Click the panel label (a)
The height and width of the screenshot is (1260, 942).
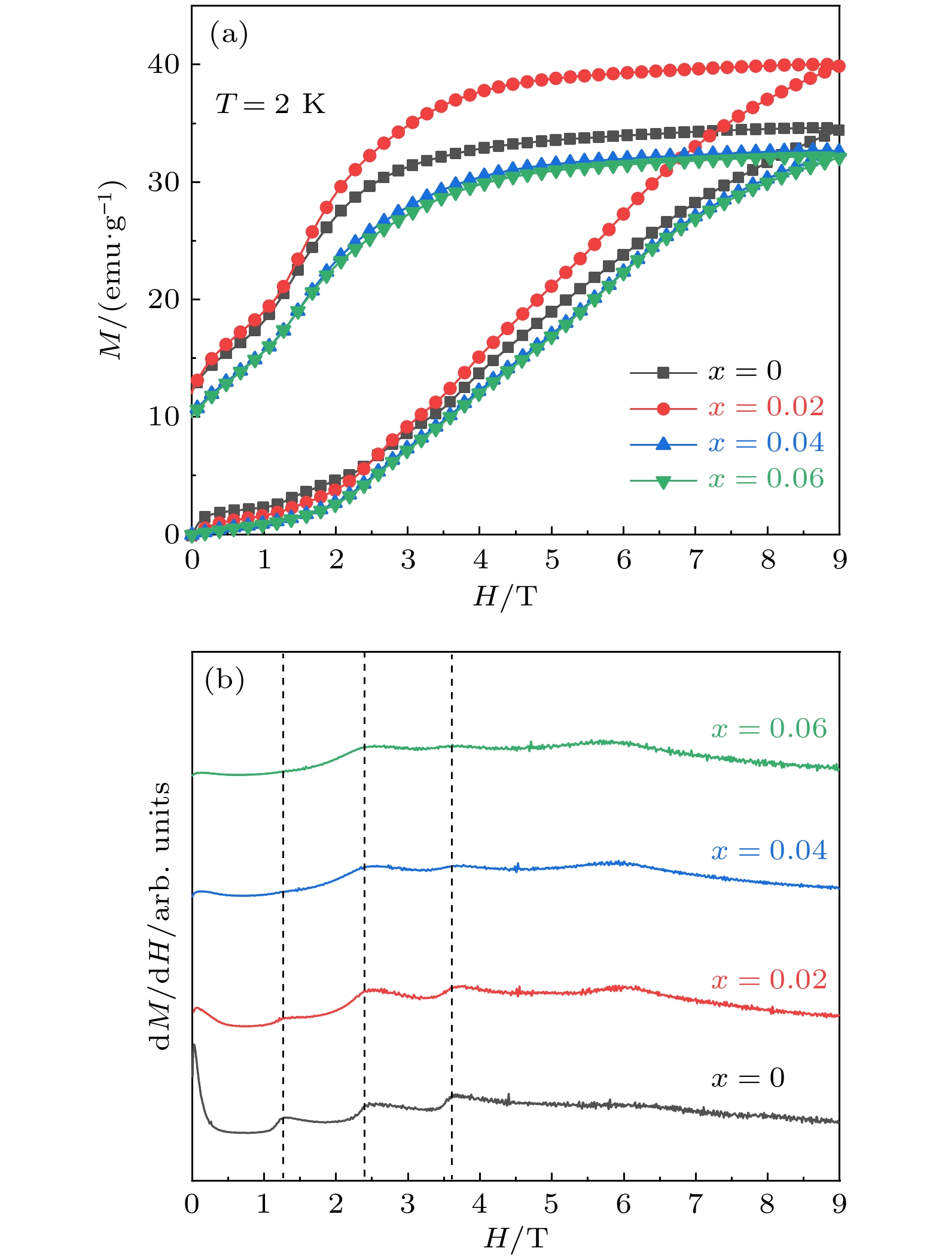(228, 35)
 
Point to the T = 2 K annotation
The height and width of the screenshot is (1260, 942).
(270, 104)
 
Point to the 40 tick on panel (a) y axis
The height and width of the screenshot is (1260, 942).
(163, 65)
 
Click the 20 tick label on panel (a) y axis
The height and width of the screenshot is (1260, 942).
(163, 300)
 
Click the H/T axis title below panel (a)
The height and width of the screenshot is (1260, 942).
(505, 596)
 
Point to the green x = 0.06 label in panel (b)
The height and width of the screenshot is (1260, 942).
(769, 729)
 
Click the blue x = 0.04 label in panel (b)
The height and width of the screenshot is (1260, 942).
(769, 850)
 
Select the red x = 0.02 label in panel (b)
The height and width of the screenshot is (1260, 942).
(769, 980)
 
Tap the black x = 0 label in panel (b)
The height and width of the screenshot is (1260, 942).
(748, 1078)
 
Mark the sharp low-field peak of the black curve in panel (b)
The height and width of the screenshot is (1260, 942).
(194, 1046)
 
